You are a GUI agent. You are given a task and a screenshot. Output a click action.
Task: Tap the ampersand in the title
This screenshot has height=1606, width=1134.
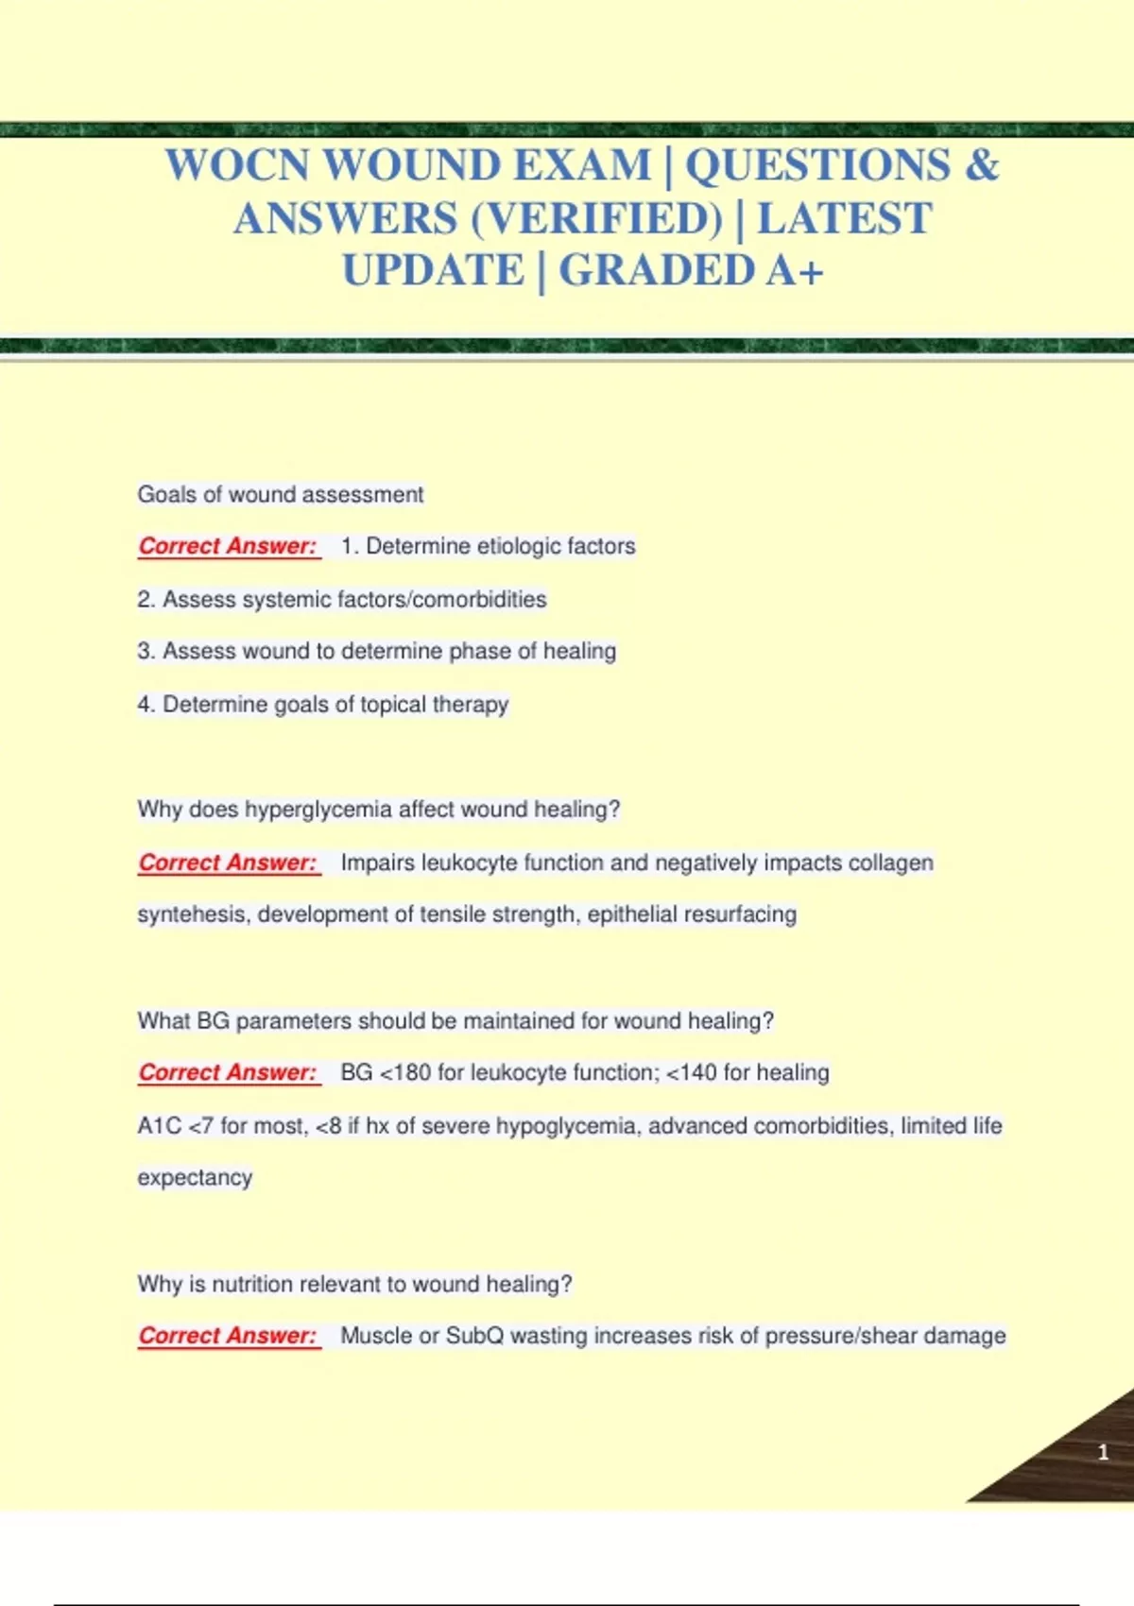[x=982, y=165]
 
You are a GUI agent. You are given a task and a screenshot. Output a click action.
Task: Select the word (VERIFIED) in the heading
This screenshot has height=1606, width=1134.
[x=596, y=219]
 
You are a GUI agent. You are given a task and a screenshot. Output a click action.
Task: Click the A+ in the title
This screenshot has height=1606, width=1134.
[x=795, y=271]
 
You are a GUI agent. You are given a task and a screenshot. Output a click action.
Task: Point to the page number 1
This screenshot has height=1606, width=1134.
[x=1103, y=1453]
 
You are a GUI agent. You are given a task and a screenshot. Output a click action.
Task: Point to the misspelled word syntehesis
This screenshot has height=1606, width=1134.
[x=193, y=914]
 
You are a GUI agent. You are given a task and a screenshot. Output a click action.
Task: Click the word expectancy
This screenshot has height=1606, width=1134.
[x=195, y=1178]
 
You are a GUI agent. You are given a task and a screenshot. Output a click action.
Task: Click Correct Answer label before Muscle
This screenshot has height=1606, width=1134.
[x=228, y=1336]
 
